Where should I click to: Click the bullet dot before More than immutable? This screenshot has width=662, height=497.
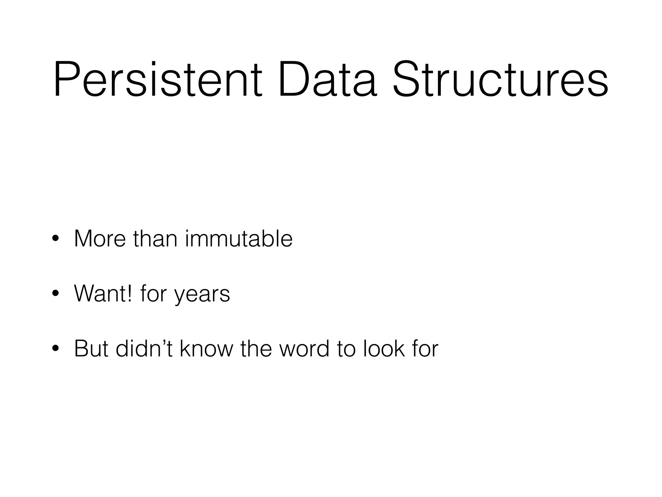point(55,239)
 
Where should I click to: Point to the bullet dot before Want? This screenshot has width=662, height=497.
point(55,293)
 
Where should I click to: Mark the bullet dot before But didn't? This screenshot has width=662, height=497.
point(55,348)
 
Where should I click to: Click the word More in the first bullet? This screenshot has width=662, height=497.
point(100,239)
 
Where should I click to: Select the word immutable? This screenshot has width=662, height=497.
point(239,239)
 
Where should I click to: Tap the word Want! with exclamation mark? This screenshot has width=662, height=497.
point(103,293)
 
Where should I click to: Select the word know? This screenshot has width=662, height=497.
point(206,348)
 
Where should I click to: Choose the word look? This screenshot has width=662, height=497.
point(384,348)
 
